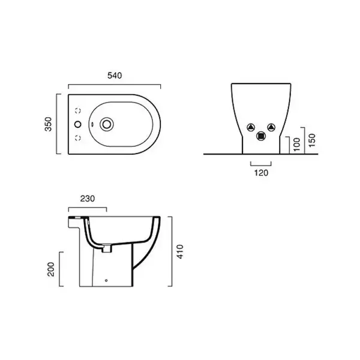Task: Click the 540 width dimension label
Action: coord(115,76)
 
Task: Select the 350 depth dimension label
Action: coord(49,124)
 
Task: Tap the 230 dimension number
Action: coord(88,199)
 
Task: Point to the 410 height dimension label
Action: coord(180,251)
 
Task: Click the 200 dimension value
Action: coord(51,269)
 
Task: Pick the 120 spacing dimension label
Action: coord(261,173)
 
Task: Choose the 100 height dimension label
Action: coord(296,145)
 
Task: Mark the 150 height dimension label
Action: coord(312,140)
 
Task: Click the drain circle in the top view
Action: coord(107,124)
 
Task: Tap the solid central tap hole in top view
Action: coord(78,124)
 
